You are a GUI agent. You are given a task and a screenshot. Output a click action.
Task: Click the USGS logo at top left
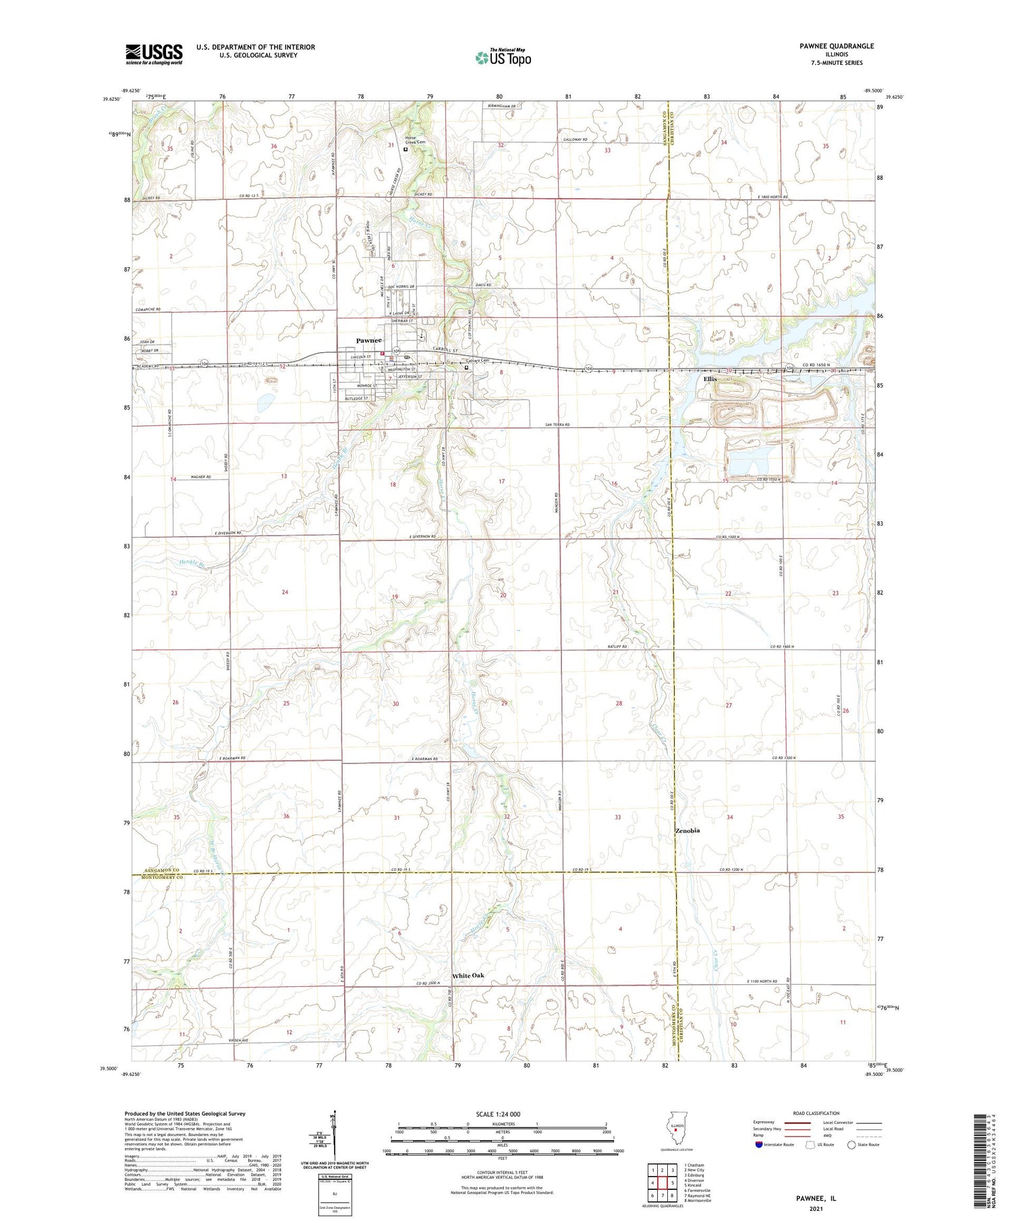(154, 54)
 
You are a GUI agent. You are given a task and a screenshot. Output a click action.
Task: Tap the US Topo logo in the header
(503, 58)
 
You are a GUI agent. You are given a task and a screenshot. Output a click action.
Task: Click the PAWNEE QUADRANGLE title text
(836, 46)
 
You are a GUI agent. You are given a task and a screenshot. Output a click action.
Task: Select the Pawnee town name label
(369, 341)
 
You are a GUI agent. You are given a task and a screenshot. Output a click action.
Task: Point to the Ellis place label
(710, 380)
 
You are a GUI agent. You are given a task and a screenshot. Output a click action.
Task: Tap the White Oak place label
(468, 975)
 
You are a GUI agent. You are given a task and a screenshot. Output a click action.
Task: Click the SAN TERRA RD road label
(557, 424)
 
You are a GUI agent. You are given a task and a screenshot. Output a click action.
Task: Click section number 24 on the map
(285, 592)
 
